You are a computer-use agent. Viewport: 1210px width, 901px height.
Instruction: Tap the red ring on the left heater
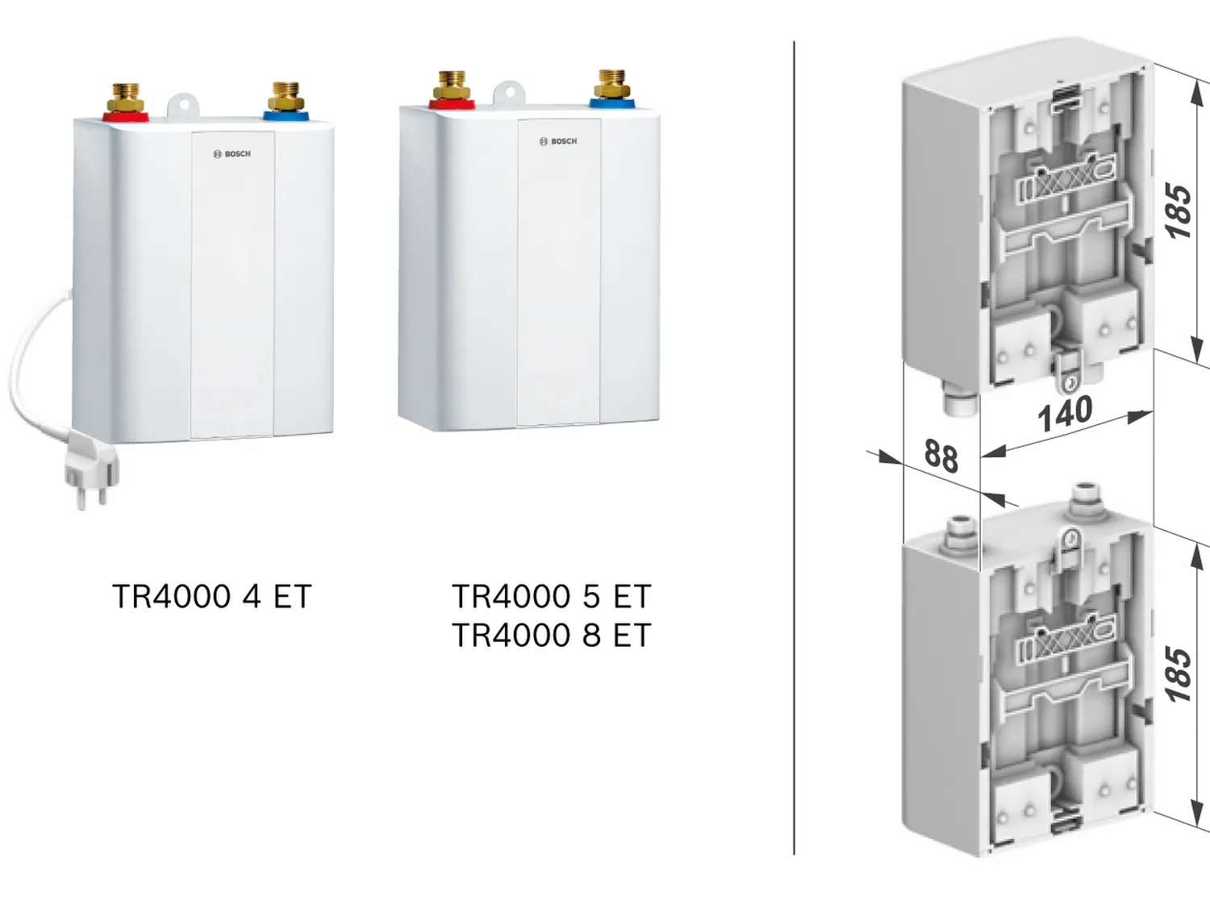[126, 115]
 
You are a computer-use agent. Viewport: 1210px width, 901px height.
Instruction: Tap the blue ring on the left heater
[286, 115]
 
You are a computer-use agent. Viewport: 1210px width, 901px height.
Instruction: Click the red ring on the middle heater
[452, 102]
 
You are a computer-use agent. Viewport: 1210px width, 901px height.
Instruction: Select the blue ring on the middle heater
[612, 102]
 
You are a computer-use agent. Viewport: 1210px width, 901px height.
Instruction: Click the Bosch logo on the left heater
[232, 154]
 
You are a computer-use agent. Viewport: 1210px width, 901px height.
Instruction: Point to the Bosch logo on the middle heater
[558, 141]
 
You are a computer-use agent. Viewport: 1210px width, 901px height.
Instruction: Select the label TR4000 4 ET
[211, 597]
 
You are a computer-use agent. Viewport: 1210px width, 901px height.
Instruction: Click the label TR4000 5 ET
[551, 597]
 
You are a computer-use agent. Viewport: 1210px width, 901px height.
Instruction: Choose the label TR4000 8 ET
[551, 636]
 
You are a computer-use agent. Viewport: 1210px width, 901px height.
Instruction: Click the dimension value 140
[1065, 414]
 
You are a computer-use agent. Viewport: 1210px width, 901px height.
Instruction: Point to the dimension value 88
[941, 456]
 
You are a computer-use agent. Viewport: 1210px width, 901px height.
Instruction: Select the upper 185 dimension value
[1179, 211]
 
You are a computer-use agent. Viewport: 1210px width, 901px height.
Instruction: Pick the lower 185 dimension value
[1179, 674]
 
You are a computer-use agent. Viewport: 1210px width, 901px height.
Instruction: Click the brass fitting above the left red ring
[127, 95]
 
